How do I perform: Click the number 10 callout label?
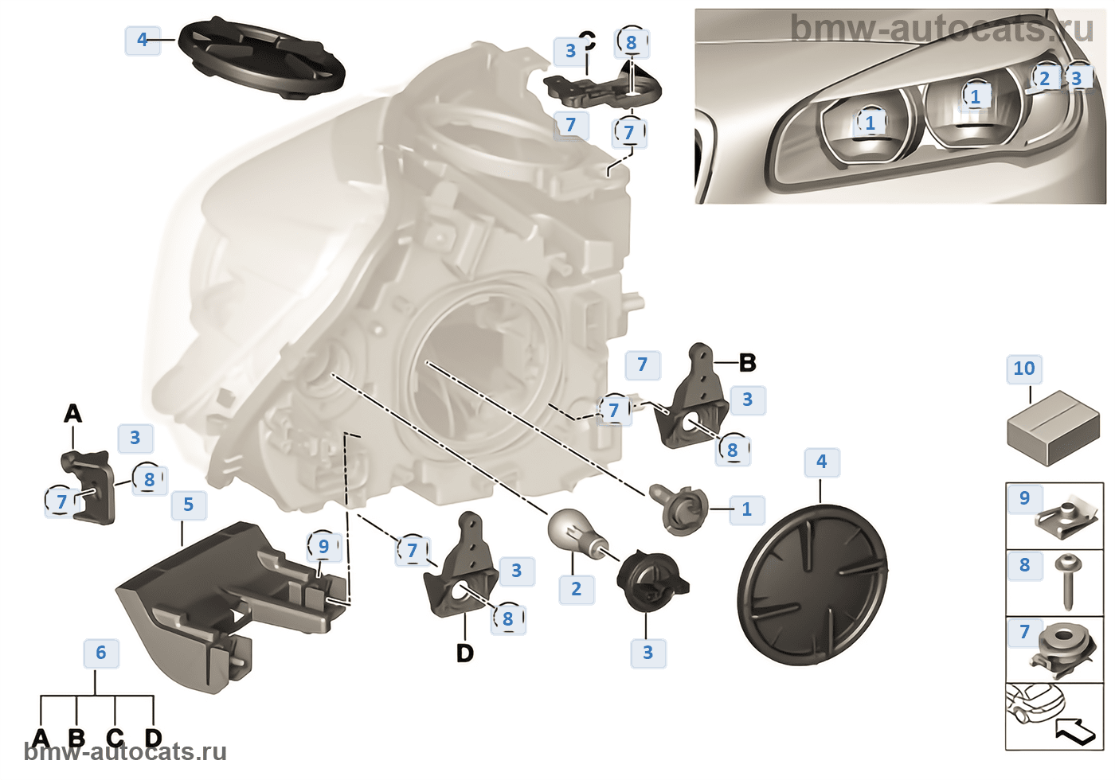(x=1023, y=369)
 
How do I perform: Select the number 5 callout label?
(x=188, y=505)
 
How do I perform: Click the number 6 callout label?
(x=101, y=653)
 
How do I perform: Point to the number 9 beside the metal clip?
(x=1024, y=498)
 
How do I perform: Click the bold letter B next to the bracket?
(x=747, y=363)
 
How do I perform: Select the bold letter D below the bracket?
(x=464, y=653)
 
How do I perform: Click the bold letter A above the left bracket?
(x=72, y=414)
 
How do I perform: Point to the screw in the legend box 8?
(x=1066, y=579)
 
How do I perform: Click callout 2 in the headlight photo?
(x=1044, y=78)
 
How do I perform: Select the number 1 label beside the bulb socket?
(x=746, y=509)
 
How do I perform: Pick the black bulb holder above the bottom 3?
(x=650, y=582)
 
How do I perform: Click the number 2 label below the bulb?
(x=576, y=589)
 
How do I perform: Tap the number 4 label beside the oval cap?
(x=143, y=40)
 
